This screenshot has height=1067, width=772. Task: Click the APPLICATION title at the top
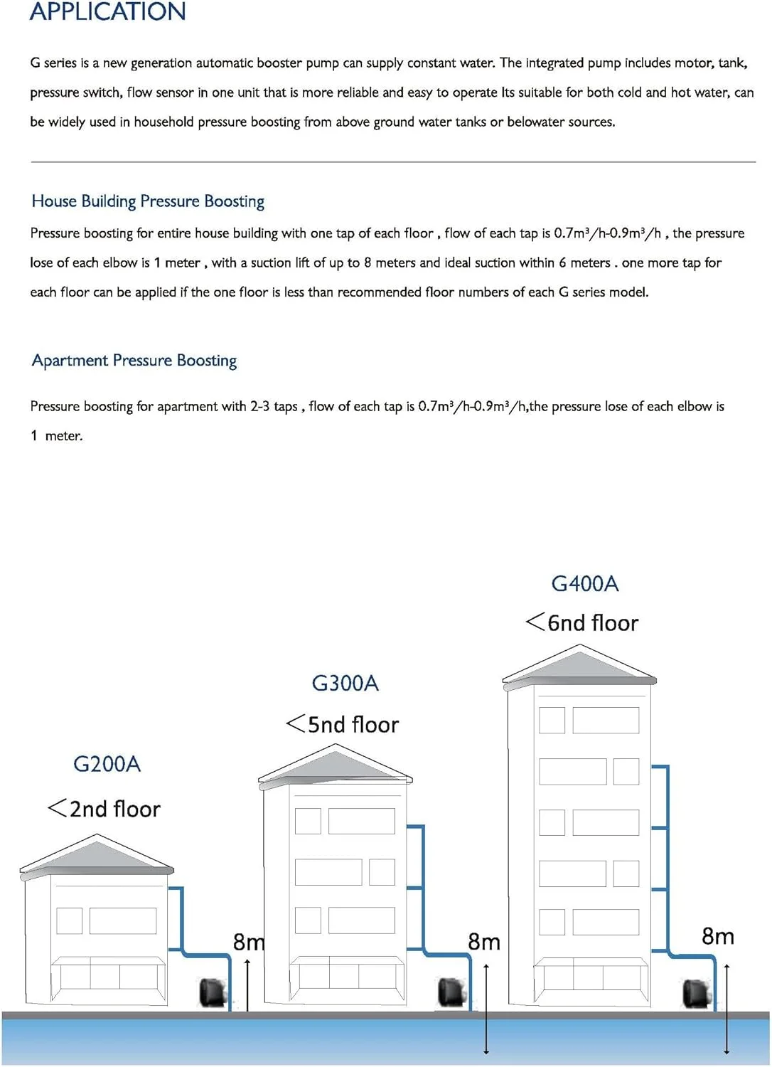click(x=107, y=11)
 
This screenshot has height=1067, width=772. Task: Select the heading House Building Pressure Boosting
click(x=148, y=201)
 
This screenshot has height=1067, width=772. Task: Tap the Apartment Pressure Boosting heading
click(x=134, y=361)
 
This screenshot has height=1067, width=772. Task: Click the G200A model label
click(x=107, y=764)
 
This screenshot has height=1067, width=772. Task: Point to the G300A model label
click(x=345, y=684)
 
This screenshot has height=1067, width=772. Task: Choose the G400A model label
click(x=584, y=584)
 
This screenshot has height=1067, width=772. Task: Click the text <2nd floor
click(x=104, y=809)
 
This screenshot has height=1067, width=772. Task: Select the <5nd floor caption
click(x=342, y=724)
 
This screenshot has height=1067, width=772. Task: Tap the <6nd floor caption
click(x=581, y=623)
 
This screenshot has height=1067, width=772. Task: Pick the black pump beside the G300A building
click(x=451, y=992)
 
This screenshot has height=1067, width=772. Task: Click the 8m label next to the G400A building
click(x=717, y=936)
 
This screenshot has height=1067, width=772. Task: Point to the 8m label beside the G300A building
click(x=483, y=942)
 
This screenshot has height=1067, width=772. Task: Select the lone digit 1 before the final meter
click(x=34, y=435)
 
